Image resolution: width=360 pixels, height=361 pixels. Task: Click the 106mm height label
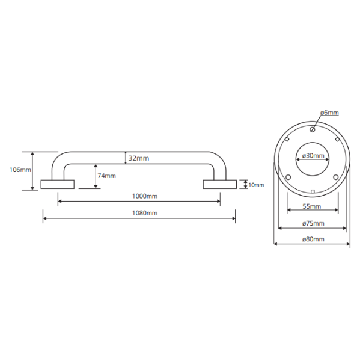(x=20, y=170)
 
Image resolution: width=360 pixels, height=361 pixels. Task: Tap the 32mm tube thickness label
(x=139, y=158)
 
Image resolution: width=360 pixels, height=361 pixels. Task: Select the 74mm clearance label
(x=107, y=176)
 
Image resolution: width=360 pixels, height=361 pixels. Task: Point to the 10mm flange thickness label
(x=256, y=185)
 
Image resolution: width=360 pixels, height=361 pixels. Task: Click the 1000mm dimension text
(x=145, y=196)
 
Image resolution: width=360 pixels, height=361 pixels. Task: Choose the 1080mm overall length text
(x=145, y=213)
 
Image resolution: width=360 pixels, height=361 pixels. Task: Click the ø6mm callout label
(x=329, y=113)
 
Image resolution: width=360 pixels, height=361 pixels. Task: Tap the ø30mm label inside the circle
(x=313, y=156)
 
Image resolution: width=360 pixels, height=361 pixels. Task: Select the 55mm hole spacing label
(x=312, y=206)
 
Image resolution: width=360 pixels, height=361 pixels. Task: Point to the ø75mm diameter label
(x=313, y=223)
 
